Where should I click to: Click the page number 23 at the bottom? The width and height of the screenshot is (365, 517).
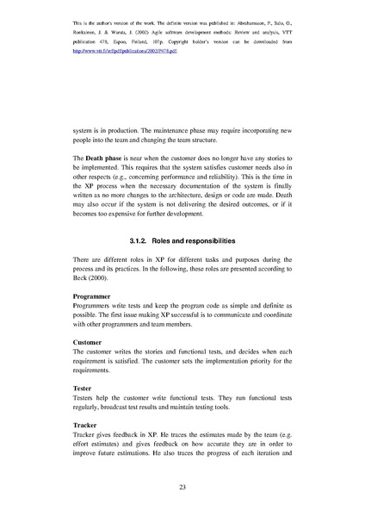pos(182,489)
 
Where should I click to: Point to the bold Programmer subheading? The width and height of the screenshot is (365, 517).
pos(95,296)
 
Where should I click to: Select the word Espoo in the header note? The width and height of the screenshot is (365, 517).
pos(136,40)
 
